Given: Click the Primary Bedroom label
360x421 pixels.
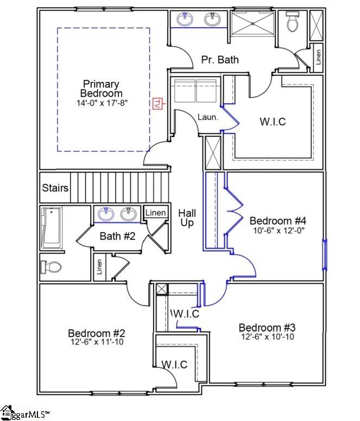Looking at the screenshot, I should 101,89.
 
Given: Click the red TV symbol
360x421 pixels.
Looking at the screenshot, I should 159,101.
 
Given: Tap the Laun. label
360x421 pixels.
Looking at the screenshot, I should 207,117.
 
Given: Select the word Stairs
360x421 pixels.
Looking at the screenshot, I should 55,188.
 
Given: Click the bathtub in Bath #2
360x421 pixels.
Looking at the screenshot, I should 52,228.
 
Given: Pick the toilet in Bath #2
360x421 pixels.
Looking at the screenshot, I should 52,267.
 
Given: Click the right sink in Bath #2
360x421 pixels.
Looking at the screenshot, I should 129,215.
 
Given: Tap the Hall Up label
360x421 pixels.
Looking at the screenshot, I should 187,218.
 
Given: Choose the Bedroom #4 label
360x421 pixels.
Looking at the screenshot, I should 277,221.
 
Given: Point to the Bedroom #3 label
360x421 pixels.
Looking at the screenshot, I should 267,328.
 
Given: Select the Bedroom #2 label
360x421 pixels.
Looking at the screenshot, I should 97,333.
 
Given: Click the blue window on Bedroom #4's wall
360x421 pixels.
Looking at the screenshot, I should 325,255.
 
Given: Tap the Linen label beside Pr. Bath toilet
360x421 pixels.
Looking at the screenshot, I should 318,58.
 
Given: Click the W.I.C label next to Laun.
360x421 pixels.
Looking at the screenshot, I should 272,122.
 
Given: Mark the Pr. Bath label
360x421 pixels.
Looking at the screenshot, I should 220,60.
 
